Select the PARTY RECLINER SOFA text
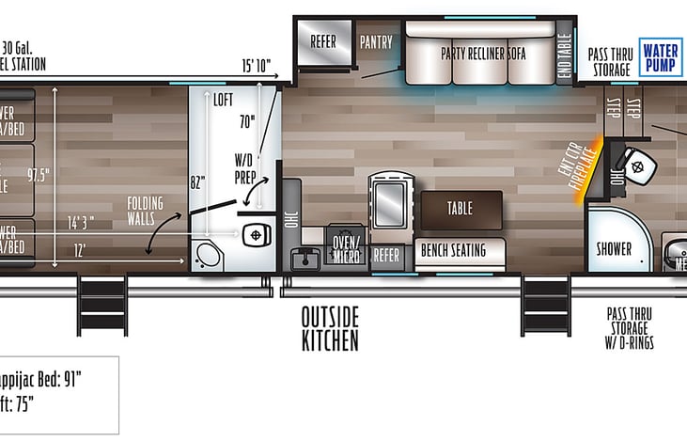click(x=484, y=53)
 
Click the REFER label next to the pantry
click(x=323, y=42)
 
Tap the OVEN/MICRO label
click(x=346, y=245)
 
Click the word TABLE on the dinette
click(x=460, y=209)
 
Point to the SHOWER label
click(x=614, y=250)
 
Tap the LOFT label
click(x=222, y=100)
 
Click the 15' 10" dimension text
click(x=257, y=66)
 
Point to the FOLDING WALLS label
click(x=147, y=211)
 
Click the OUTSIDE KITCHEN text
click(x=330, y=328)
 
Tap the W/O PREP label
click(x=247, y=166)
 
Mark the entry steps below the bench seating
click(x=544, y=306)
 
